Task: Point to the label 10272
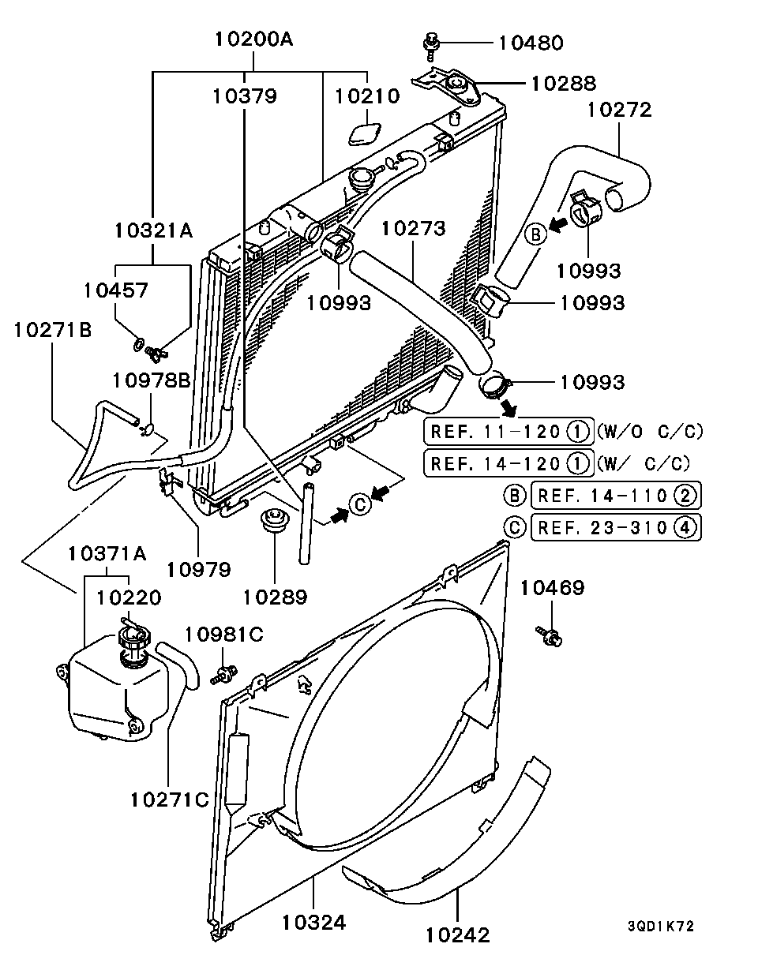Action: [619, 110]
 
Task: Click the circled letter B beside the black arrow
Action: [535, 234]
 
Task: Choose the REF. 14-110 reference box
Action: [616, 496]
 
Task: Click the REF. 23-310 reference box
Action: [616, 527]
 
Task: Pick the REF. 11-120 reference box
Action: [508, 432]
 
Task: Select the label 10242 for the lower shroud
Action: [458, 935]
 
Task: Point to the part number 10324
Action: [314, 922]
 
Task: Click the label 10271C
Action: [170, 799]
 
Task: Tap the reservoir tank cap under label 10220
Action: [132, 638]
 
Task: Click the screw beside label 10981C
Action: [224, 673]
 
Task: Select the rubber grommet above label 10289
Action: [274, 522]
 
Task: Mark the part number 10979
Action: [198, 569]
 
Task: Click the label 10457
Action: [115, 290]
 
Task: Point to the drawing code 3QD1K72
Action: [661, 927]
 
